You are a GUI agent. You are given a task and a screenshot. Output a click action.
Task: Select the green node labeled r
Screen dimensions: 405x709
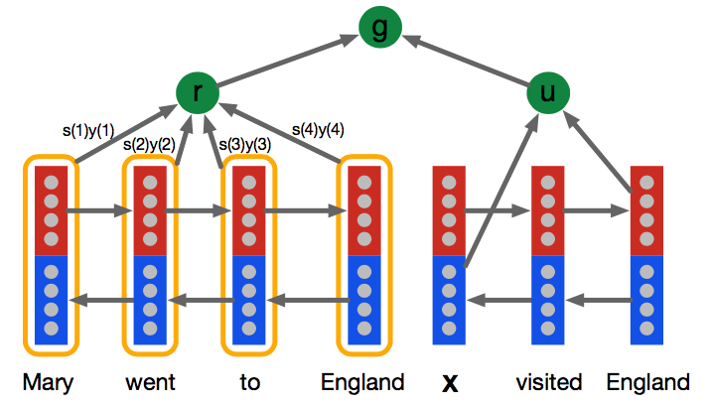point(197,93)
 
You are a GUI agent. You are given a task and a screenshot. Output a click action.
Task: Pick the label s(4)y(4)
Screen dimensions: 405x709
point(318,129)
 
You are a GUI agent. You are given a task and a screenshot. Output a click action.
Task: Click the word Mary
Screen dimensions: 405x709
point(50,382)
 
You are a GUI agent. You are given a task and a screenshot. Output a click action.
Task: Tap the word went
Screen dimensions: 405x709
point(150,382)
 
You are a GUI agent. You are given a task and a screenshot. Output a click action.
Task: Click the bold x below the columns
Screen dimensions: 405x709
point(449,383)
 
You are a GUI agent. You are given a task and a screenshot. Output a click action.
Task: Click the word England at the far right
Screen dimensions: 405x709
point(647,382)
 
